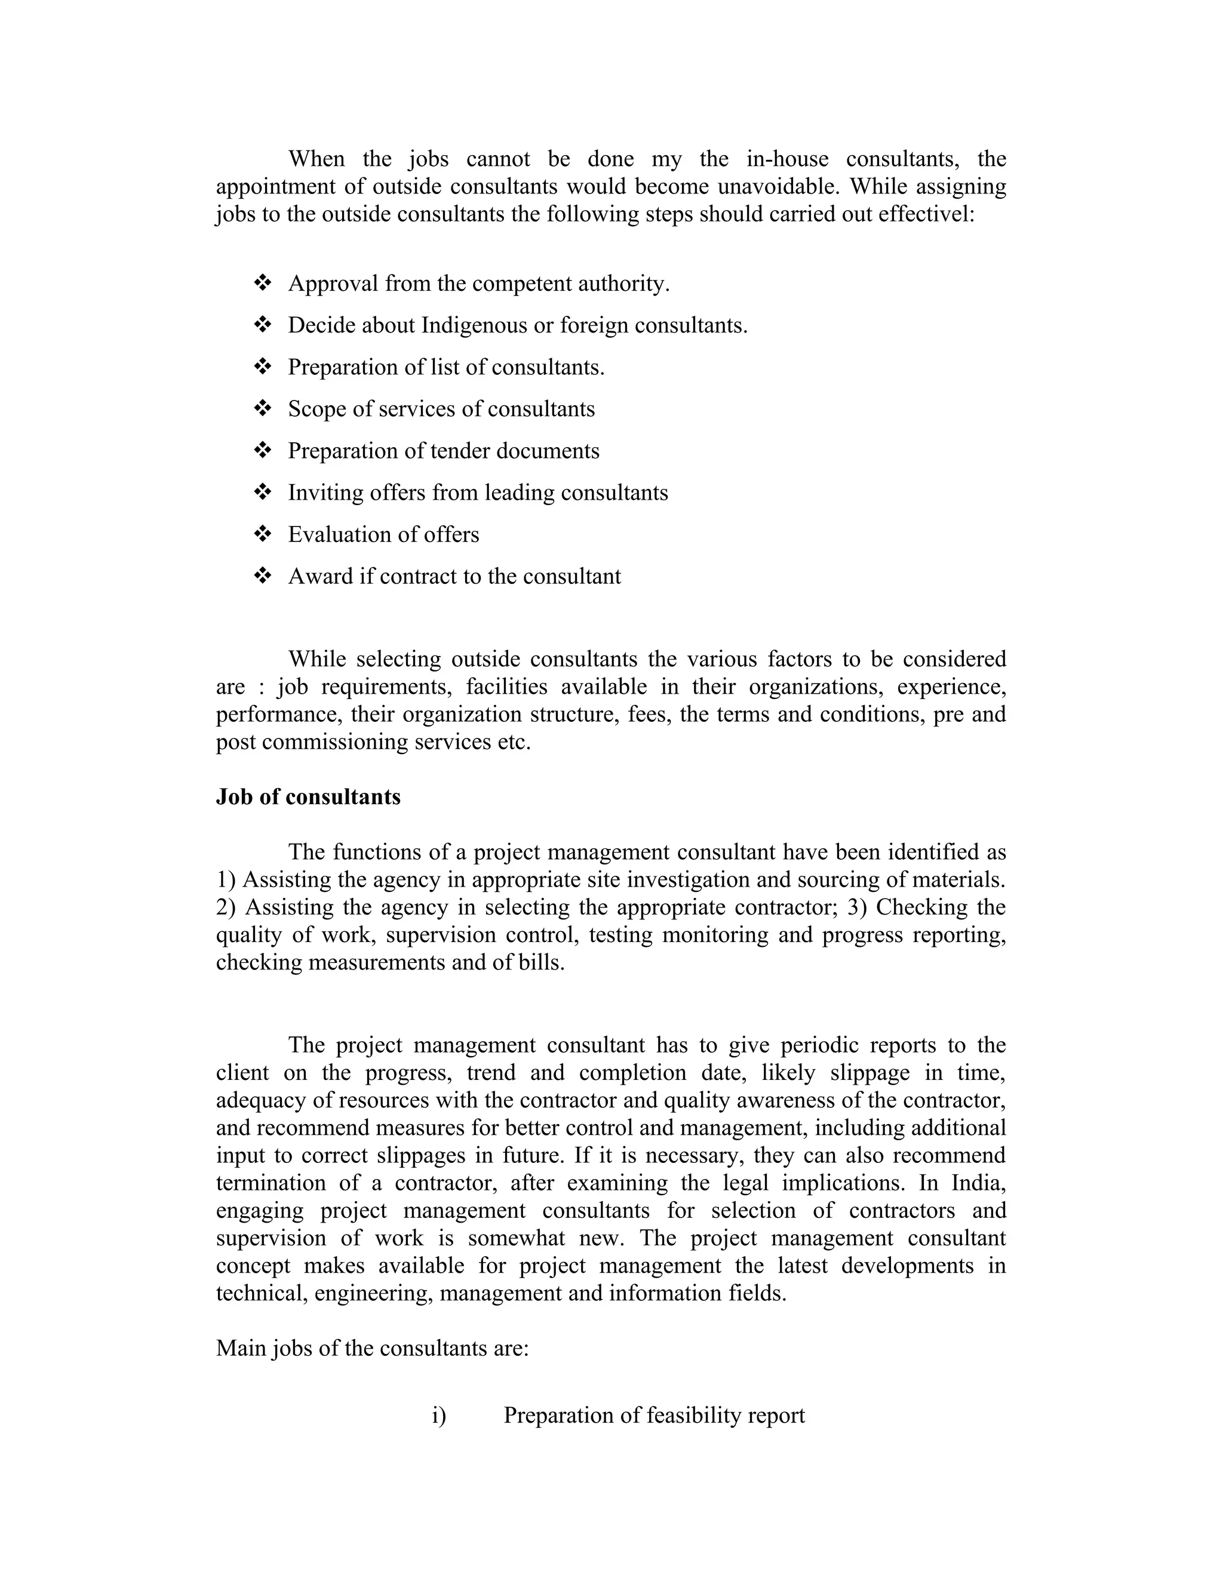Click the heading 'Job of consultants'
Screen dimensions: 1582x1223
pyautogui.click(x=308, y=797)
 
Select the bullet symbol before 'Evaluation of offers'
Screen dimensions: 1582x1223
pyautogui.click(x=262, y=534)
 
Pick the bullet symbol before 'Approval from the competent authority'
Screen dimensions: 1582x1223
pyautogui.click(x=262, y=283)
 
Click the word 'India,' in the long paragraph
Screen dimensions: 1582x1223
pyautogui.click(x=978, y=1183)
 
